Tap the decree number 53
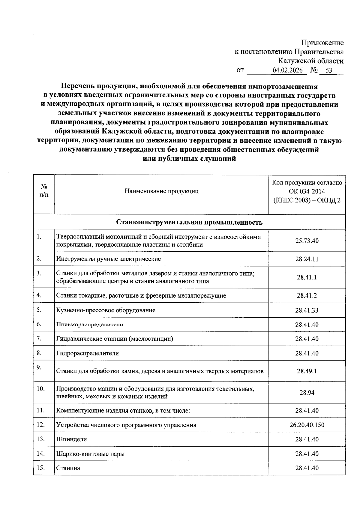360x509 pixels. coord(329,70)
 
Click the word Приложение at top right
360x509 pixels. coord(322,43)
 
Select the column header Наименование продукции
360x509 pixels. coord(161,191)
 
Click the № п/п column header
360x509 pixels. coord(44,191)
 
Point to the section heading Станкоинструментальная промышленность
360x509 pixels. coord(189,222)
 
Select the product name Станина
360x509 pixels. coord(68,468)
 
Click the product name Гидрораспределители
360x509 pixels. coord(87,353)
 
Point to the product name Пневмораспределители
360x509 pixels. coord(90,325)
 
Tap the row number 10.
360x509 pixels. coord(40,389)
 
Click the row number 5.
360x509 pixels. coord(39,310)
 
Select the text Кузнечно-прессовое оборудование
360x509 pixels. coord(106,310)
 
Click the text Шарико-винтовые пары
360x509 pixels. coord(90,454)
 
